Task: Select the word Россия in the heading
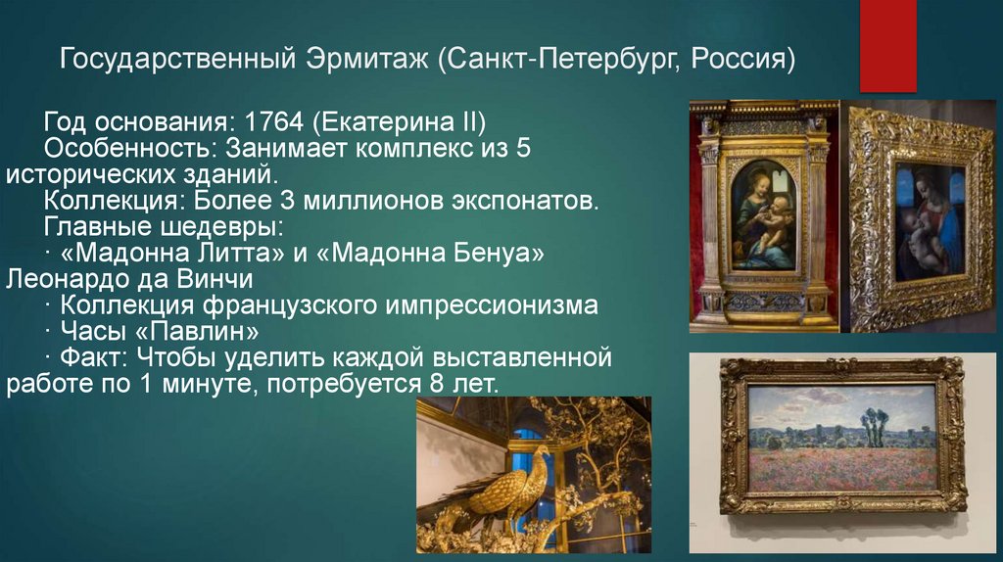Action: [x=743, y=60]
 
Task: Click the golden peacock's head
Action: [x=541, y=452]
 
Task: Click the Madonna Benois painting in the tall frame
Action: [x=764, y=215]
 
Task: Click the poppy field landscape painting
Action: [x=842, y=436]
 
